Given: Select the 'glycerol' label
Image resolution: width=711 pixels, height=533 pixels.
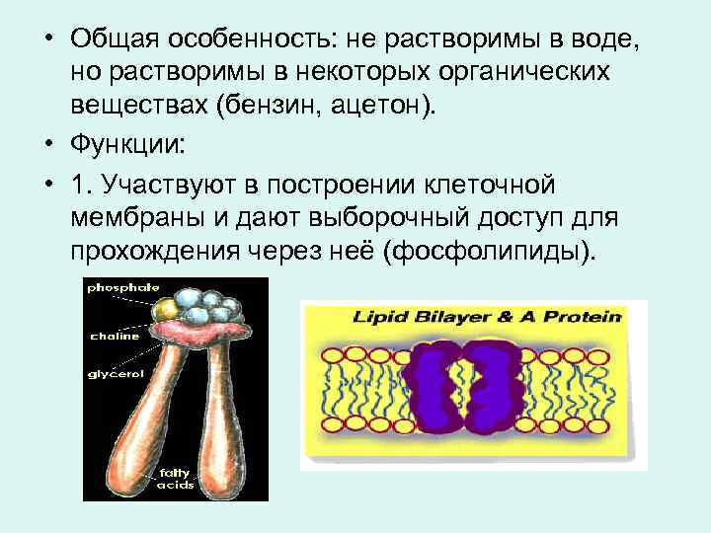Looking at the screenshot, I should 117,375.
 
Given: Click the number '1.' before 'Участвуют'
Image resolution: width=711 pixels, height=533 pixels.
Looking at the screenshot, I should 82,184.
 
